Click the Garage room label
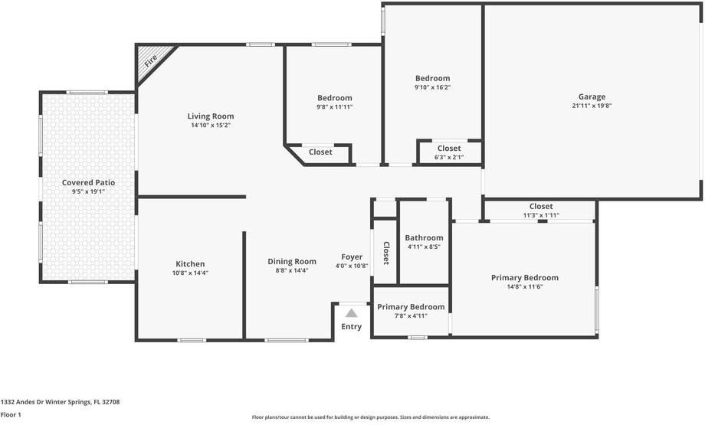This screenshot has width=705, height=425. coord(592,96)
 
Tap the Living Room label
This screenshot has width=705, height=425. coord(211,116)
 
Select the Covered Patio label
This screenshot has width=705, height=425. coord(88,182)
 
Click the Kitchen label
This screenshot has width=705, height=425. coord(190,263)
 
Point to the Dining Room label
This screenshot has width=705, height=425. coord(292,261)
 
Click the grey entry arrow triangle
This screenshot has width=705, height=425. coord(351,312)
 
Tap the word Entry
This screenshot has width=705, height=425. coord(351,327)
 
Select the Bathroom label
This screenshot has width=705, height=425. coord(424,237)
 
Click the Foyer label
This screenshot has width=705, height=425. coord(352,257)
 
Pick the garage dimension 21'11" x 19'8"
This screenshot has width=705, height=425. coord(592,106)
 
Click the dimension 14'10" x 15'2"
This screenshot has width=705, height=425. coord(211,125)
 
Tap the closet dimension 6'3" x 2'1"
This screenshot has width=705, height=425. coord(449,157)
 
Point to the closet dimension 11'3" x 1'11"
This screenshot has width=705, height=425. coord(541,215)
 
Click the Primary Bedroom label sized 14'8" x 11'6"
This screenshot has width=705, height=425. coord(525,277)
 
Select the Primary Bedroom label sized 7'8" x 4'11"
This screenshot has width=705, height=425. coord(411,306)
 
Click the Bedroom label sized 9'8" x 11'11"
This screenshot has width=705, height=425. coord(335,97)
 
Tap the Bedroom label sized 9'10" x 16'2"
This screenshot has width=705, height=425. coord(432,78)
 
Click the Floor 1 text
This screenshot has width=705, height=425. coord(11,414)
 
